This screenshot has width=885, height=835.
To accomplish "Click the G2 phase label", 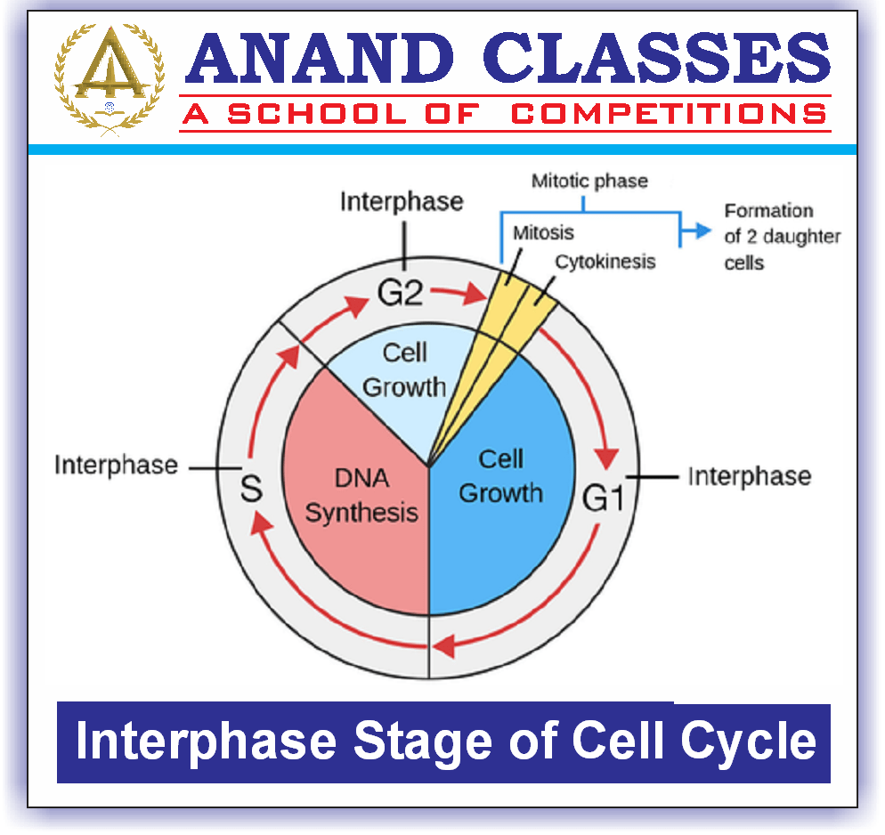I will (x=399, y=293).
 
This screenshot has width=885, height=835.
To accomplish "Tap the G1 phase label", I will (x=603, y=499).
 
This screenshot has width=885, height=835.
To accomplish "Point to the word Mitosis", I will (x=543, y=233).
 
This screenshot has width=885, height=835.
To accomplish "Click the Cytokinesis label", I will (x=605, y=262).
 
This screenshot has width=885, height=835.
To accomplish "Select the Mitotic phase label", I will (x=589, y=182).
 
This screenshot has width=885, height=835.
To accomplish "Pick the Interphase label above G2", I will (x=402, y=201).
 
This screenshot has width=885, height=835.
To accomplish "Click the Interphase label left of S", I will (x=116, y=466).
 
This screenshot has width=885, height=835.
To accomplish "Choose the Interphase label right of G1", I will (x=749, y=476).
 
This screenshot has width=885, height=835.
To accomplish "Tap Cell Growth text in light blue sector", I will (x=404, y=370).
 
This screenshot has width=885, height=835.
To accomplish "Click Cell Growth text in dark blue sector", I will (x=500, y=475).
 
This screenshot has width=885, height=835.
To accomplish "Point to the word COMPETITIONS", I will (x=670, y=114).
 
